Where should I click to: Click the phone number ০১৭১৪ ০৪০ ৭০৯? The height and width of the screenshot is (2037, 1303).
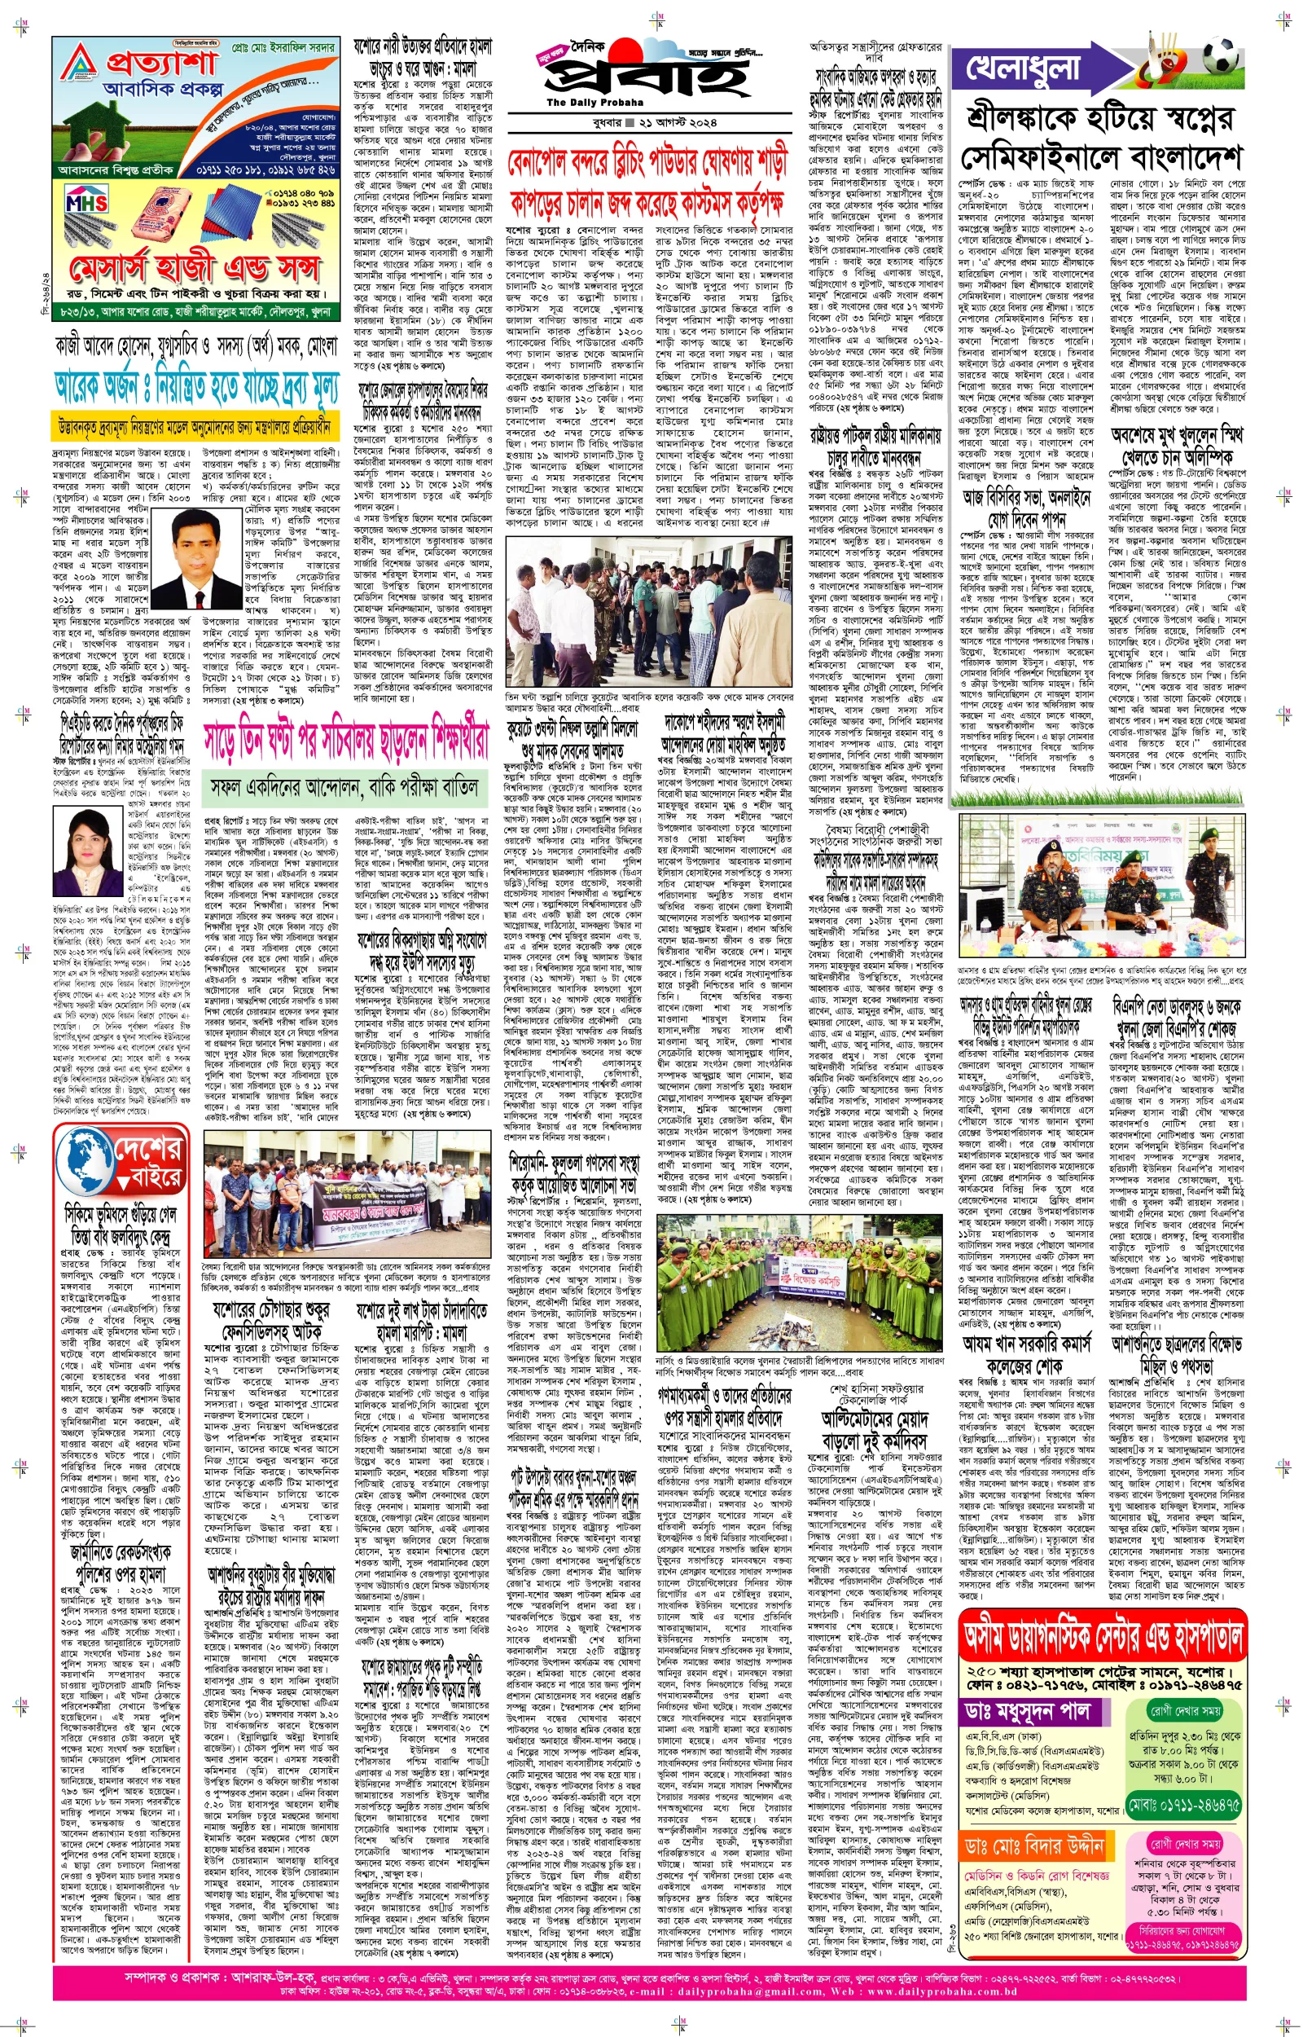pyautogui.click(x=304, y=193)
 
